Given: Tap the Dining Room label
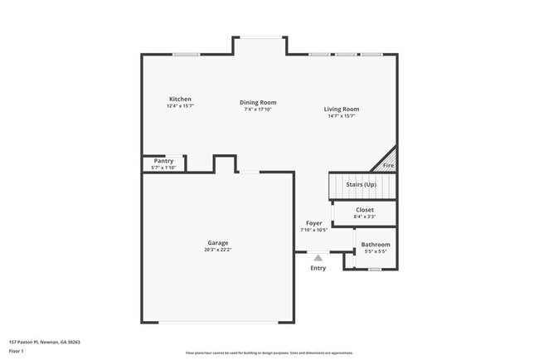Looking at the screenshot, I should tap(258, 102).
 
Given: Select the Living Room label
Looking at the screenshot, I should tap(341, 109).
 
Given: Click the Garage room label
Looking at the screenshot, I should tap(218, 243).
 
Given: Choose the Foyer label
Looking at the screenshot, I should tap(313, 223).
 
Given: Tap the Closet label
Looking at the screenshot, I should tap(365, 210).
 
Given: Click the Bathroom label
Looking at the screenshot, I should tap(375, 245).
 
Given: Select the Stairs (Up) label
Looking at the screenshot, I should tap(361, 184).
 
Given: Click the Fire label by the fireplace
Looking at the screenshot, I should tap(388, 166).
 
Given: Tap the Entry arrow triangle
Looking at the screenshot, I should tap(318, 259).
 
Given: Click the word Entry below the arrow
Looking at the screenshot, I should tap(318, 268).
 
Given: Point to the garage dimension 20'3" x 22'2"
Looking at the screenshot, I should tap(218, 250).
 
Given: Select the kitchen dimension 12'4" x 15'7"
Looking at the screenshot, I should tap(180, 106).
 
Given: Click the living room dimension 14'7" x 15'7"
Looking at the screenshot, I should tap(341, 115).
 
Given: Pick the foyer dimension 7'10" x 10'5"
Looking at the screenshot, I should tap(313, 230).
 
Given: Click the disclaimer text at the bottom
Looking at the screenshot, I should tap(269, 353).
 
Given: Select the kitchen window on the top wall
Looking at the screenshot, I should tap(187, 55).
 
